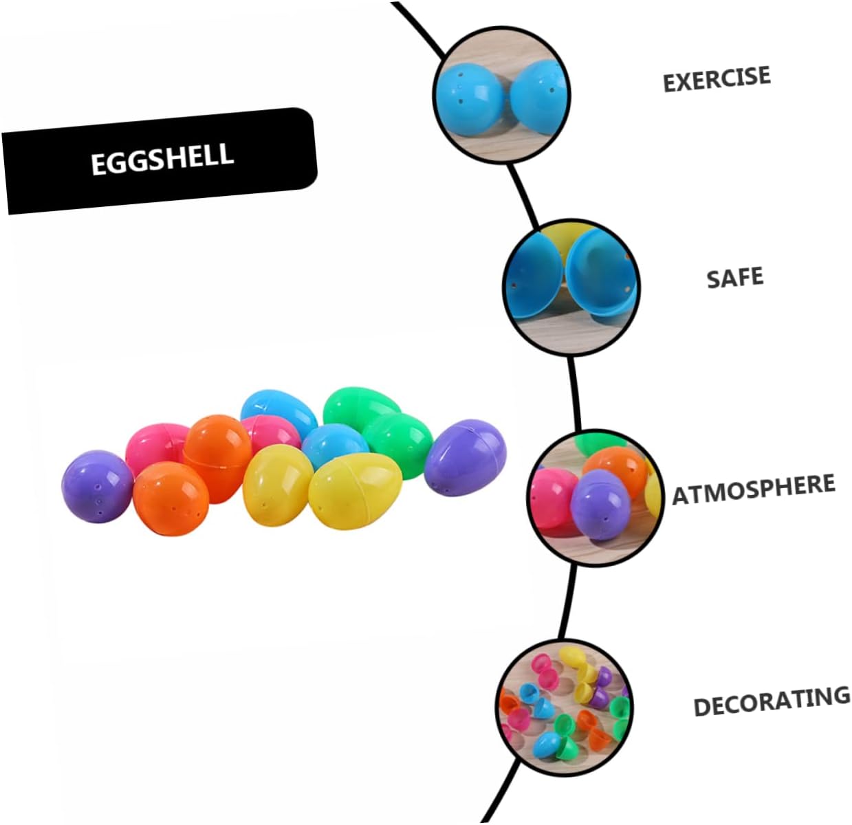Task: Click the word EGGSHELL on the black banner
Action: point(162,159)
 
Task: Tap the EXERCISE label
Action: point(717,78)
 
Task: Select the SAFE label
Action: point(735,278)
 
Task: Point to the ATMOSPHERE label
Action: point(754,488)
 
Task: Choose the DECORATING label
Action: point(772,701)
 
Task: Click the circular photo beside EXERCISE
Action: point(501,94)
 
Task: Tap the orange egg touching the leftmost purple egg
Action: point(170,496)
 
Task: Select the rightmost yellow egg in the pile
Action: point(355,489)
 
